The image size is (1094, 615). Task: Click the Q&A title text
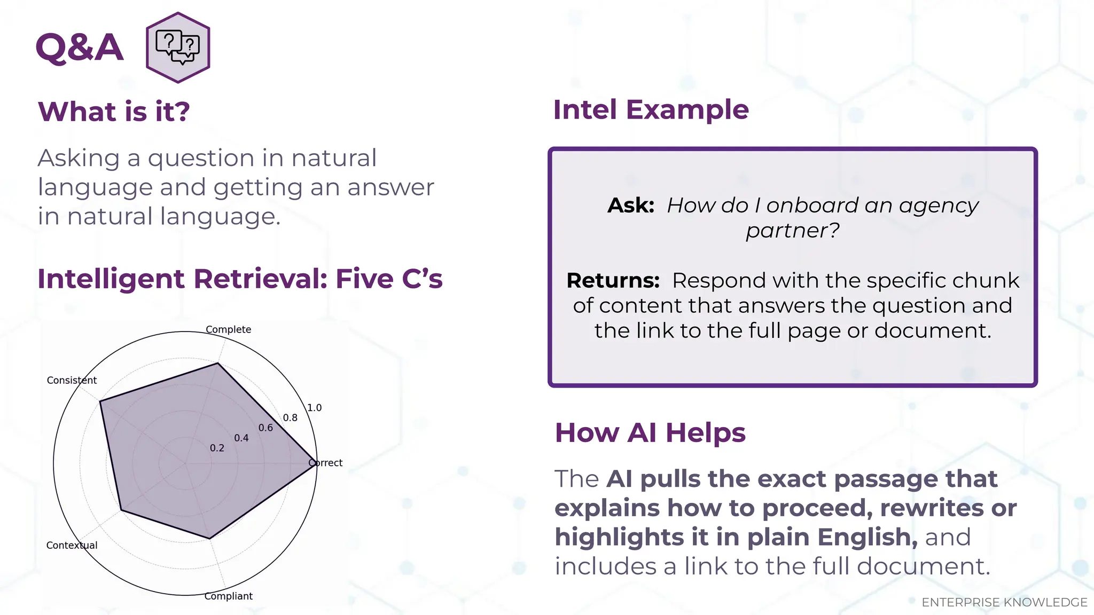click(80, 48)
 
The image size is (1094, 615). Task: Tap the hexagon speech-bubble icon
click(178, 48)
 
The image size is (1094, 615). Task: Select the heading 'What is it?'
click(114, 112)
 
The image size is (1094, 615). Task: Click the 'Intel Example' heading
click(651, 110)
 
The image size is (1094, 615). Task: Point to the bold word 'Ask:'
click(631, 206)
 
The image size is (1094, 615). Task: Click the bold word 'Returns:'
click(613, 281)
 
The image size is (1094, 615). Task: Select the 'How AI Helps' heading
click(650, 432)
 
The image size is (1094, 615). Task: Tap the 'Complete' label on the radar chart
click(228, 329)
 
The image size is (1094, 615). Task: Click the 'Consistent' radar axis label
click(72, 380)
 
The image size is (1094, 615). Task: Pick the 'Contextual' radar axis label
click(72, 545)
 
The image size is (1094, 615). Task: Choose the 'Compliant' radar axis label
click(228, 596)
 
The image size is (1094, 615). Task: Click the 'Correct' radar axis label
click(326, 463)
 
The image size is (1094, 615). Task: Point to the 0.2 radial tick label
click(217, 448)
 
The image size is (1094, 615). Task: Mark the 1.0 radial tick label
click(314, 407)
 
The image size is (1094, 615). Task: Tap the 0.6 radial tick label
click(265, 428)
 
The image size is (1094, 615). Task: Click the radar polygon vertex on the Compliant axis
click(209, 539)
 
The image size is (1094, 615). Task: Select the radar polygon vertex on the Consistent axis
click(100, 401)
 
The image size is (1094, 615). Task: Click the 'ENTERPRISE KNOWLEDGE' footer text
click(1004, 602)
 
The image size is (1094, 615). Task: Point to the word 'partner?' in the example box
click(792, 231)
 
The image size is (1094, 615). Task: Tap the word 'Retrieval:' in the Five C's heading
click(260, 279)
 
